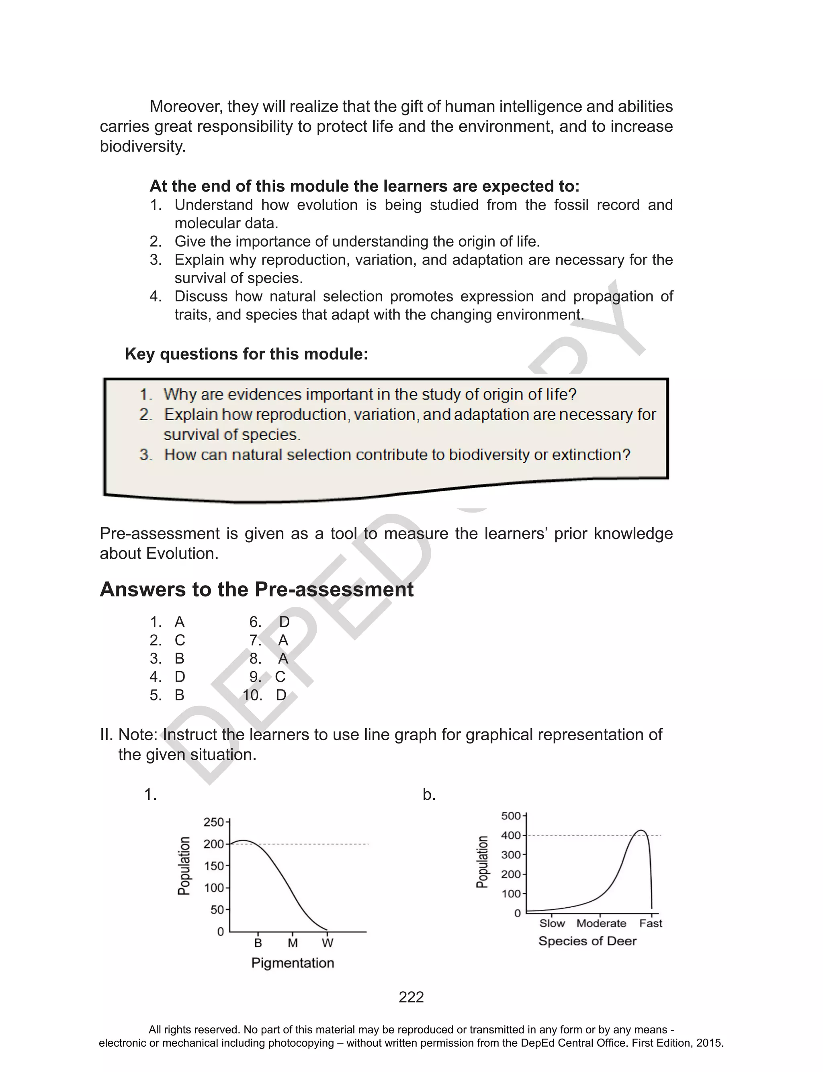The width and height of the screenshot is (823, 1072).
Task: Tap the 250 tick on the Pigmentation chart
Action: (x=214, y=822)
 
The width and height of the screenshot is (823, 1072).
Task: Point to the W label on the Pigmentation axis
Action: (x=327, y=942)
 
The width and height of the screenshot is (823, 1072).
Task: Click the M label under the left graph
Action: (x=293, y=942)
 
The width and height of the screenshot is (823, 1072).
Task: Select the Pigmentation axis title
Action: (x=293, y=963)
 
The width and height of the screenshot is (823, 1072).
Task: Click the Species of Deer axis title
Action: (x=588, y=941)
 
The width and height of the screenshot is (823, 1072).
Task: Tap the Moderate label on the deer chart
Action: (x=601, y=923)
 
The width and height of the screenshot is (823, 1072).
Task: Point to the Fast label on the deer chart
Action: (x=651, y=923)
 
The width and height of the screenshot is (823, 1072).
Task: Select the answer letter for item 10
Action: (x=281, y=695)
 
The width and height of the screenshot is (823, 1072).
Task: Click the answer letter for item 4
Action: (x=180, y=677)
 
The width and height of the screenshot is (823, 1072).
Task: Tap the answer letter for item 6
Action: (x=284, y=622)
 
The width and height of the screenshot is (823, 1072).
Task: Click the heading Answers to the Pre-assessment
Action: (x=257, y=589)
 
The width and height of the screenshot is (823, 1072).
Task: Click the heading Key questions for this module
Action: (x=246, y=354)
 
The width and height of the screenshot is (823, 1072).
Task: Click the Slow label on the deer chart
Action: (x=552, y=923)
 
